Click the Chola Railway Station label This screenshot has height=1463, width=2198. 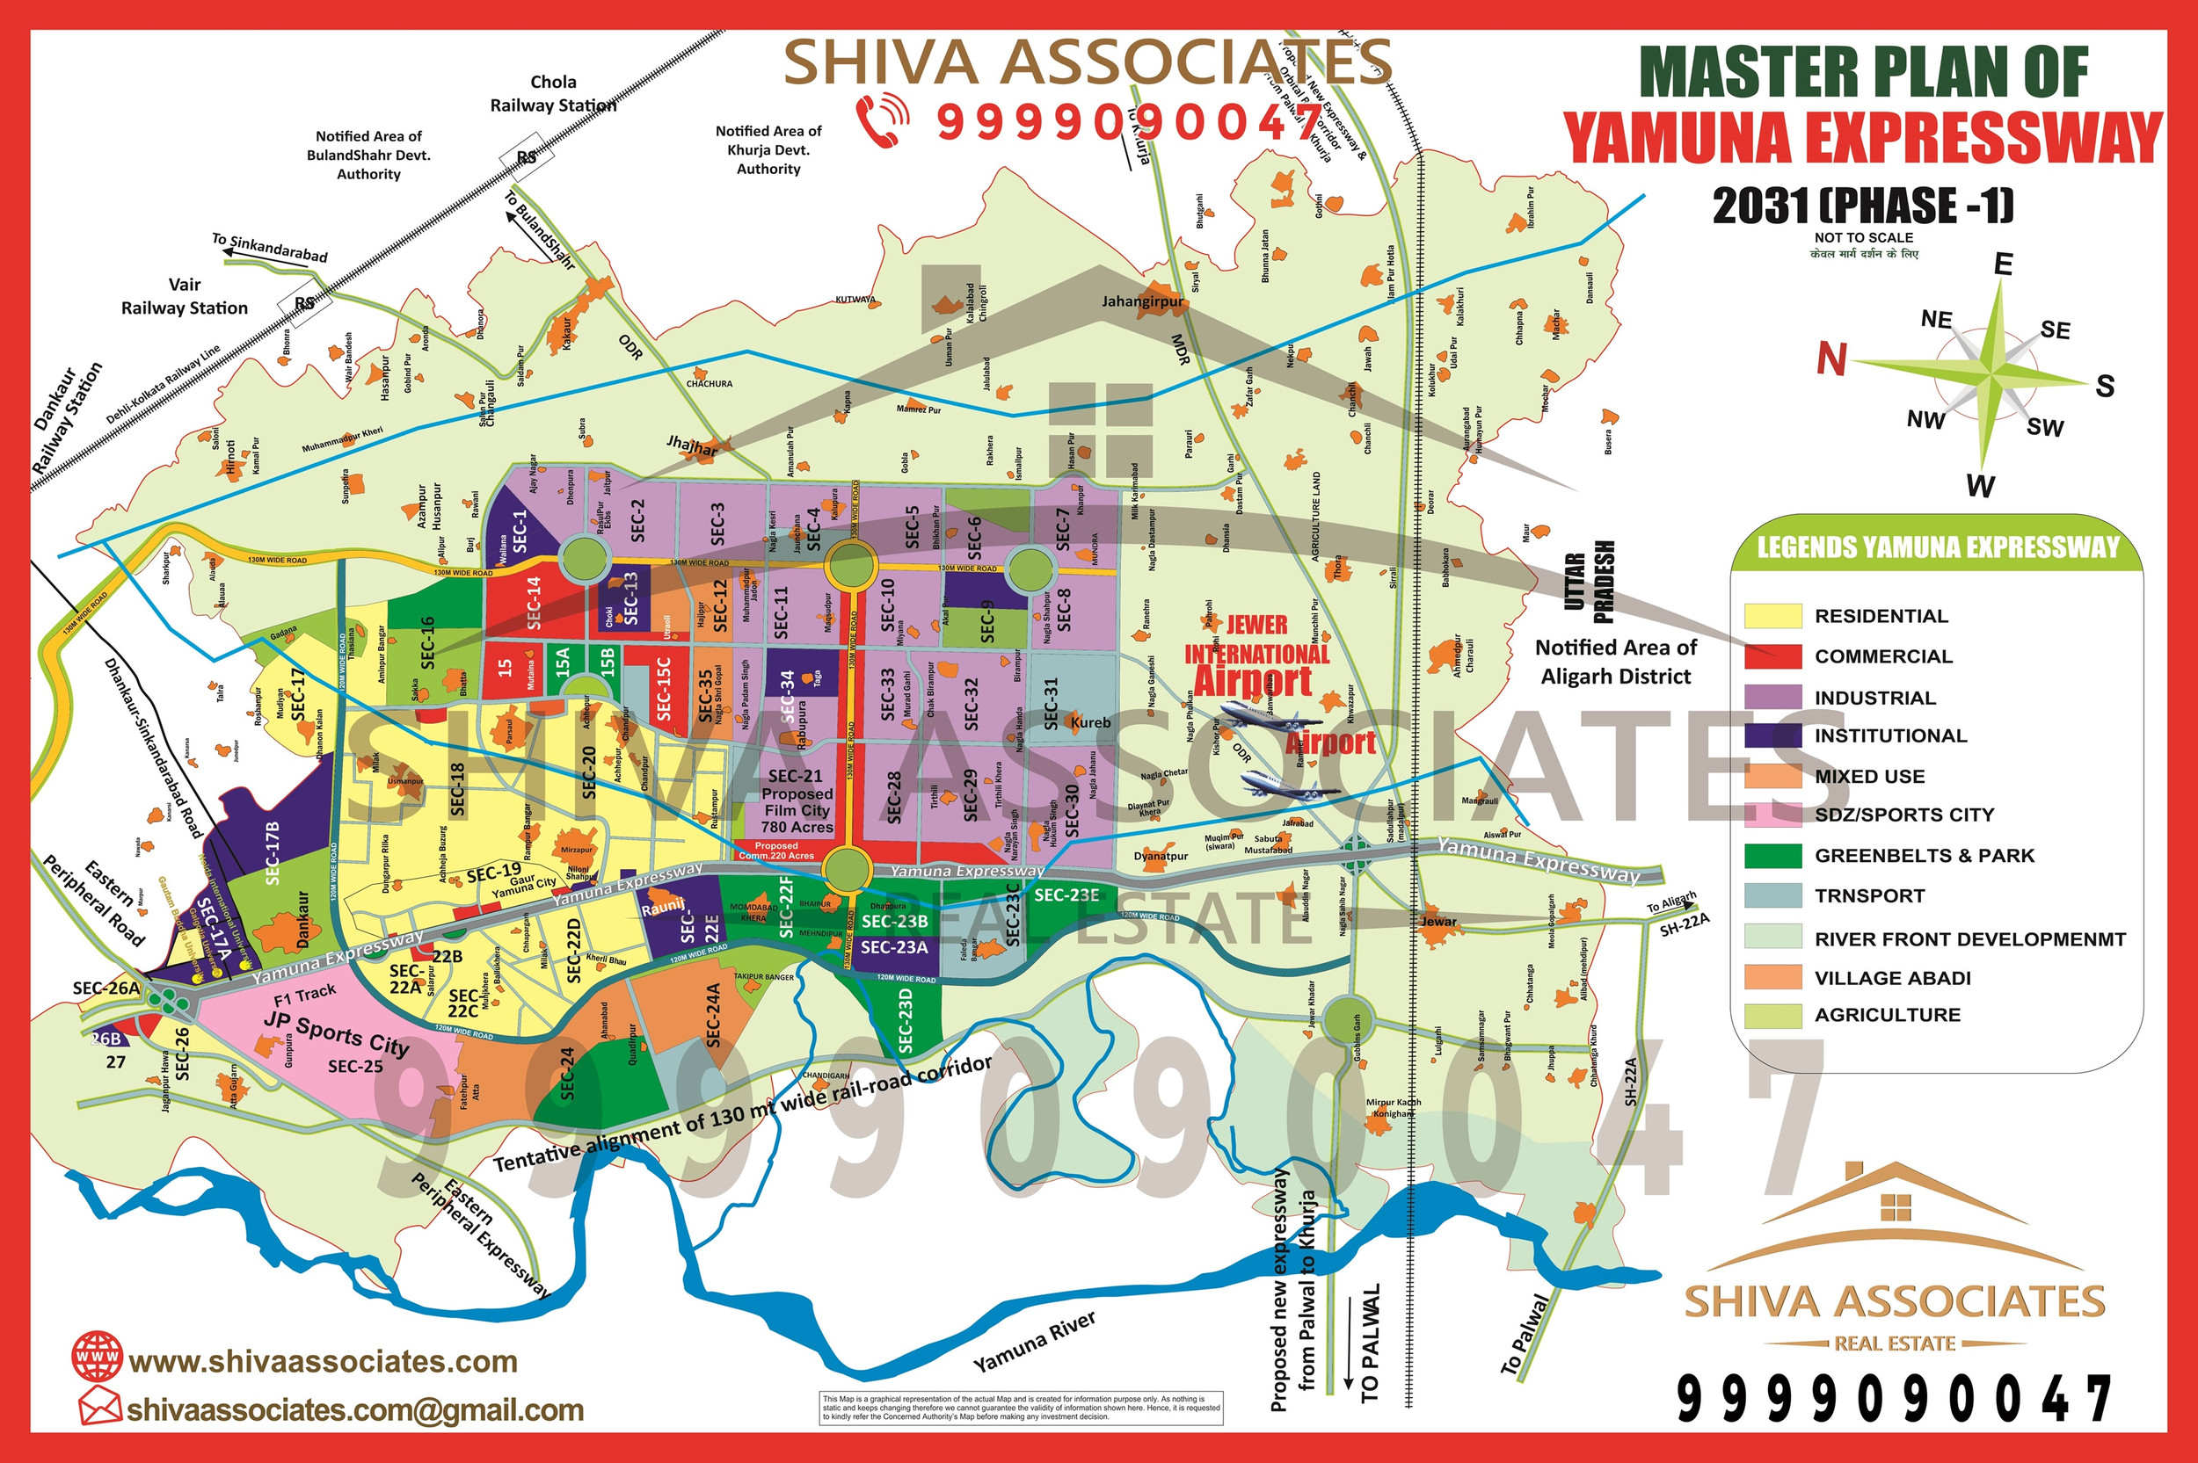click(554, 94)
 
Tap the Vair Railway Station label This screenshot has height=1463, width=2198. click(185, 297)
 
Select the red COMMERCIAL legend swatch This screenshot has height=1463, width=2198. click(1772, 655)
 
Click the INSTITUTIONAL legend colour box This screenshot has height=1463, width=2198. click(1772, 736)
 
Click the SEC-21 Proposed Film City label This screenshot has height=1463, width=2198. click(797, 800)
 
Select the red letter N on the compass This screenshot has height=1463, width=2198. click(1830, 359)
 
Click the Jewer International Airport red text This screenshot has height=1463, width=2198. click(1256, 653)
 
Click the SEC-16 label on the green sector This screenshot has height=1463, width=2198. click(427, 642)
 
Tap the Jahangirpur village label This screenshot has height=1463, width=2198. click(1142, 301)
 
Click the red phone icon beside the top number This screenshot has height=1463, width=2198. click(882, 120)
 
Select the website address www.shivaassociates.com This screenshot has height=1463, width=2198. click(323, 1361)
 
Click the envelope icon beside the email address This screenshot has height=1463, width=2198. click(99, 1405)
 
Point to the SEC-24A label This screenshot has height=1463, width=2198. click(714, 1014)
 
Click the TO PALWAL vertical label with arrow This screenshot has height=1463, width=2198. click(1368, 1343)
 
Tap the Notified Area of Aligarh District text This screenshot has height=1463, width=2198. click(1616, 661)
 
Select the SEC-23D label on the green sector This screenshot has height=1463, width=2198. click(906, 1019)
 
